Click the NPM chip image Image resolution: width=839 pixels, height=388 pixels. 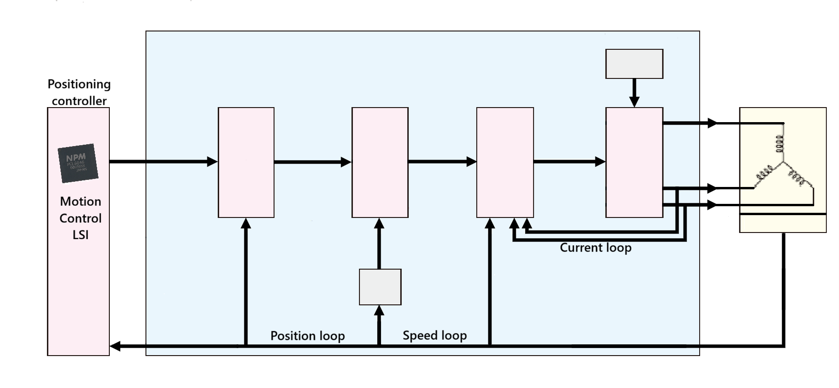(x=78, y=163)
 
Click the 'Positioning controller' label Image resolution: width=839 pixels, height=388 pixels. (x=79, y=93)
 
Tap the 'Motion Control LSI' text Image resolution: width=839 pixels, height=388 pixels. (x=80, y=218)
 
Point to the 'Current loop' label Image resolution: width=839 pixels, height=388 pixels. (x=595, y=248)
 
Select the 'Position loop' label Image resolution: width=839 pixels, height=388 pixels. (x=307, y=336)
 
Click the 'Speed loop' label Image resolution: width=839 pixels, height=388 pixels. (x=435, y=335)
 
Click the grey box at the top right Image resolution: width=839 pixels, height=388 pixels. (x=634, y=64)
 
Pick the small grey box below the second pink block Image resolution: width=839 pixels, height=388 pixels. (x=380, y=287)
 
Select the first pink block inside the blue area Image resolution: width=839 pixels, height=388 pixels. (x=246, y=163)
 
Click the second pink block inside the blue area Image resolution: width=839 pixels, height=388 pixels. (x=380, y=163)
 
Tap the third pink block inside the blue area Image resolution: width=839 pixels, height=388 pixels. (x=505, y=163)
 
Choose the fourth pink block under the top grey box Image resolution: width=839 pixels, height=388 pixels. (x=634, y=163)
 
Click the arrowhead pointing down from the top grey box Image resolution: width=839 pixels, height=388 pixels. (x=634, y=102)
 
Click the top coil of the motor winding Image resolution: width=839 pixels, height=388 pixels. (x=779, y=144)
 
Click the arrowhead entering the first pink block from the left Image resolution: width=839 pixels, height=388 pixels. (x=212, y=162)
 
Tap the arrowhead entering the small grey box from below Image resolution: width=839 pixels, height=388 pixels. (x=379, y=310)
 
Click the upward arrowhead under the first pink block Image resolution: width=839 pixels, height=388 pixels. (x=245, y=223)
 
